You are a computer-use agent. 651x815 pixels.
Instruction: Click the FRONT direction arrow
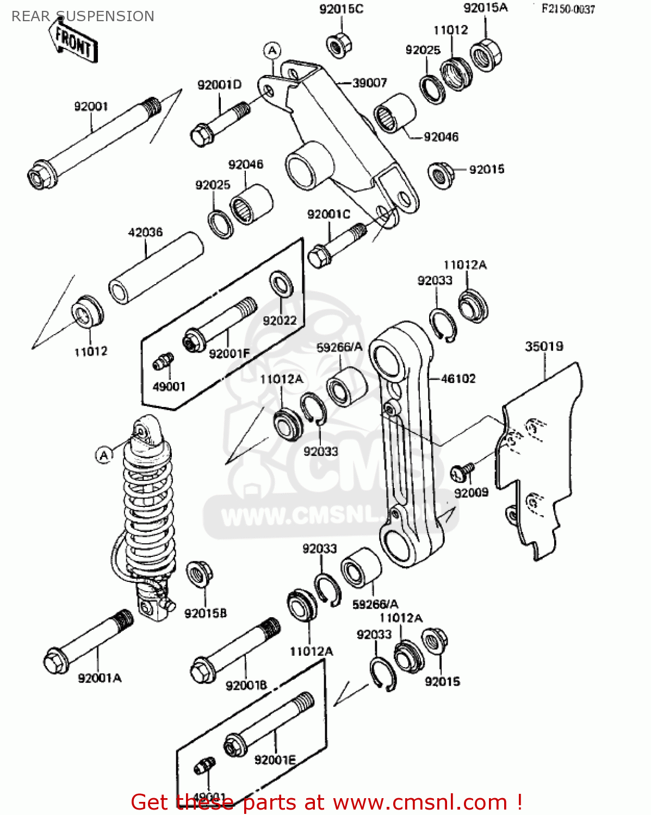click(75, 42)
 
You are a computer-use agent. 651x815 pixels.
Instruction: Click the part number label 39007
click(369, 83)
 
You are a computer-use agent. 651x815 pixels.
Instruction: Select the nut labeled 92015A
click(486, 53)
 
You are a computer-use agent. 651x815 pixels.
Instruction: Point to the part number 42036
click(145, 233)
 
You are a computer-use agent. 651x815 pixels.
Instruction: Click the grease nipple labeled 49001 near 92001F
click(163, 361)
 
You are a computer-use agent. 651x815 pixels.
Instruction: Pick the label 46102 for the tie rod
click(458, 379)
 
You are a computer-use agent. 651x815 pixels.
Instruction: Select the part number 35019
click(544, 347)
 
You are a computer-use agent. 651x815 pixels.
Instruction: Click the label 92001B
click(246, 686)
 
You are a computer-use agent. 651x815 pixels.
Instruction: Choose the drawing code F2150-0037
click(568, 9)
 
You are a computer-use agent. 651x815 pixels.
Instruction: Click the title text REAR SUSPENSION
click(83, 16)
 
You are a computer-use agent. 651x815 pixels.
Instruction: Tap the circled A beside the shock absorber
click(104, 455)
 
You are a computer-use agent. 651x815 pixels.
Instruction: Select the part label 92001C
click(329, 215)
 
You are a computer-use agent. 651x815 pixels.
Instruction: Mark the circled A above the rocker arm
click(272, 51)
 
